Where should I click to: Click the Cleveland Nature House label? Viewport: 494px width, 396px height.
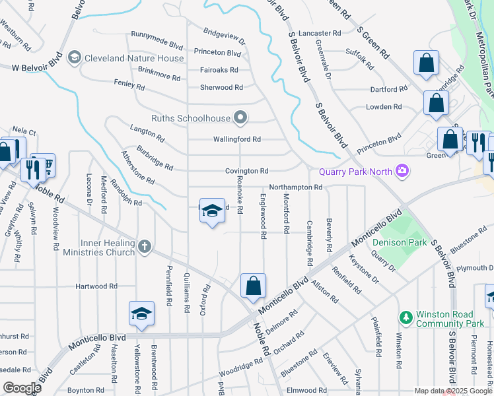coord(133,58)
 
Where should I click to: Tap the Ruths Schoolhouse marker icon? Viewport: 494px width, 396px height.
coord(241,119)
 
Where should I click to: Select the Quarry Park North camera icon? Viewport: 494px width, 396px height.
coord(400,172)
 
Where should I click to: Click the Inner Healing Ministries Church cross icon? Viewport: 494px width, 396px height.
coord(145,247)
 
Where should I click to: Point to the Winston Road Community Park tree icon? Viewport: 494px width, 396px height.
coord(406,318)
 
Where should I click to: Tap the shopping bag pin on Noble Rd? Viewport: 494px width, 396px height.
coord(253,286)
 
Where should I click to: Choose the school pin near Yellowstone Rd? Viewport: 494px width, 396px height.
coord(141,314)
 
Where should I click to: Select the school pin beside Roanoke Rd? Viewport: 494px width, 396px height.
coord(211,211)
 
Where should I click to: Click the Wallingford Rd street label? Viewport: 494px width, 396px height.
coord(237,139)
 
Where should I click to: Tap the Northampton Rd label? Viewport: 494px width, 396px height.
coord(295,187)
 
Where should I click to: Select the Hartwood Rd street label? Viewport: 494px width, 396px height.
coord(96,286)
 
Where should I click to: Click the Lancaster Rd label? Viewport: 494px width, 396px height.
coord(320,33)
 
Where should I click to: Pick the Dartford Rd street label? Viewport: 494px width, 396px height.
coord(389,89)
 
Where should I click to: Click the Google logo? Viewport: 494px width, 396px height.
coord(22,388)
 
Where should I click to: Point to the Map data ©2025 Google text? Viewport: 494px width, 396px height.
coord(452,391)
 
